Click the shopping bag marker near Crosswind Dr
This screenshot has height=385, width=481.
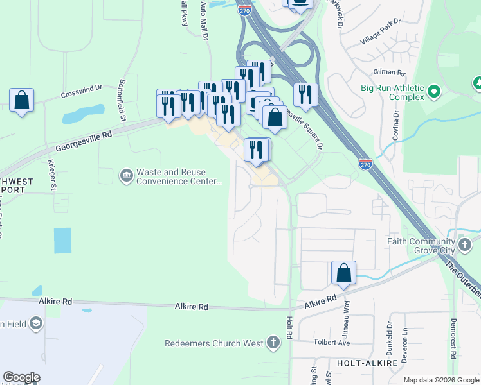(x=22, y=100)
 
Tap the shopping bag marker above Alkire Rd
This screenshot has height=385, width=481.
(x=344, y=273)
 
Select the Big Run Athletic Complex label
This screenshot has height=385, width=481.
(x=392, y=92)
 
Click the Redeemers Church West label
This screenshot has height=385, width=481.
(x=213, y=343)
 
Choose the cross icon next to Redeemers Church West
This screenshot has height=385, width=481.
(x=275, y=343)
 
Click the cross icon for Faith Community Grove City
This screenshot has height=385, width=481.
(x=466, y=244)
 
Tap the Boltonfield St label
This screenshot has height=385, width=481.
(x=122, y=100)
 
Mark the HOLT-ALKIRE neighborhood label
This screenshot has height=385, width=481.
(x=361, y=363)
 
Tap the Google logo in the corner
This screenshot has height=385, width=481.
(x=21, y=377)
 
